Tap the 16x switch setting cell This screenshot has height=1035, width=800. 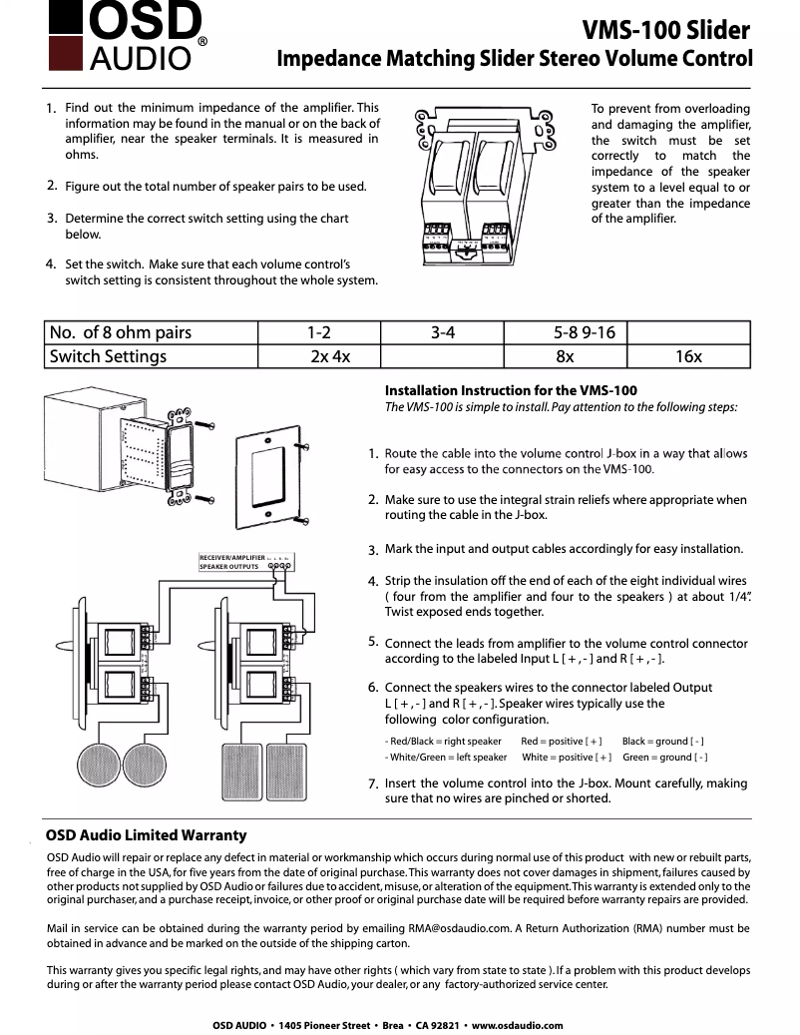(688, 356)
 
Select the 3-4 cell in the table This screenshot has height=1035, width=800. (443, 332)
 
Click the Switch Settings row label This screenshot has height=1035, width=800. (108, 356)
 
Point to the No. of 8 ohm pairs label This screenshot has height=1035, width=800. (120, 332)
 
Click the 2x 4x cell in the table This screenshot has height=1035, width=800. (330, 356)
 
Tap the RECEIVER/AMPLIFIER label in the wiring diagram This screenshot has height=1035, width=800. (231, 557)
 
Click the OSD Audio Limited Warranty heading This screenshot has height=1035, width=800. (147, 834)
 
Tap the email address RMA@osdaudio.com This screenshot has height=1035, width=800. (460, 927)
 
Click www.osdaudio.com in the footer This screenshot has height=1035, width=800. (517, 1025)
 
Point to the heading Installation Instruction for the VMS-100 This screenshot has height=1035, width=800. (511, 390)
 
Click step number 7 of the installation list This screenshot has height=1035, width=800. (372, 784)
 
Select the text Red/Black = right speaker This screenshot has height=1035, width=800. (443, 742)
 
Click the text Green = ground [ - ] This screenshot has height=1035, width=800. (665, 758)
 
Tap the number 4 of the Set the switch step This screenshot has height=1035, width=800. (50, 264)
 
